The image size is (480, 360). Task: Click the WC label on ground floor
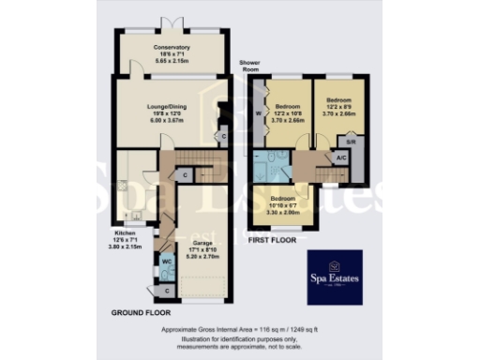point(165,261)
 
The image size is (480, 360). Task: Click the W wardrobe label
point(258,116)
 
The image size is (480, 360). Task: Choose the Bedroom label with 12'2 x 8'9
point(338,98)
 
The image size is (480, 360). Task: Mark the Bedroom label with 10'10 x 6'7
point(283,200)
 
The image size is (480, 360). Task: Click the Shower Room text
point(250,63)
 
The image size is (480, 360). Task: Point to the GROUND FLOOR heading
point(140,310)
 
